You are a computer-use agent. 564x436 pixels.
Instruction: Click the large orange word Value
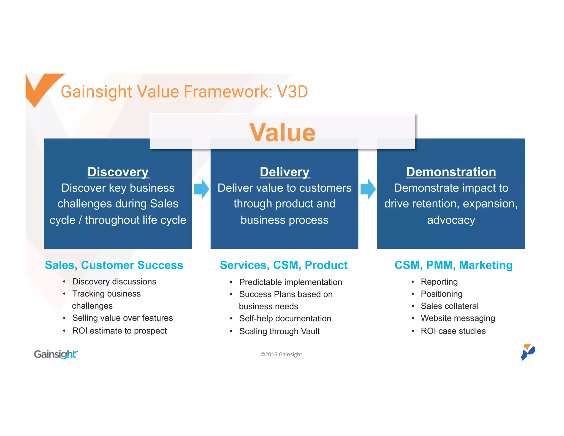point(282,133)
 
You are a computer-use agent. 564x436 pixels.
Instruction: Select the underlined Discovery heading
point(118,172)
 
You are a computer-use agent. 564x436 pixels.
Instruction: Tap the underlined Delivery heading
point(285,172)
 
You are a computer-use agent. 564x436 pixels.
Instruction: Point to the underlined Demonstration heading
point(451,172)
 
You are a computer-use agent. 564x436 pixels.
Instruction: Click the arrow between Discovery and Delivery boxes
point(201,189)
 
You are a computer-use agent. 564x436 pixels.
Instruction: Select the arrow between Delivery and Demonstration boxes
point(368,189)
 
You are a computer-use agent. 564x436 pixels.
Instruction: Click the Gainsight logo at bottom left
point(56,354)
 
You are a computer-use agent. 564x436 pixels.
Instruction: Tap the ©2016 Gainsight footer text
point(282,354)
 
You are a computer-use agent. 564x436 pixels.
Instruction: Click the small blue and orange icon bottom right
point(527,352)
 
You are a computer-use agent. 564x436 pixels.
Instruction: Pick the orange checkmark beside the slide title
point(41,87)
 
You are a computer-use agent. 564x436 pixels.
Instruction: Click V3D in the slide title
point(292,92)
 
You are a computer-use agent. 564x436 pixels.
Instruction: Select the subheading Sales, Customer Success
point(114,265)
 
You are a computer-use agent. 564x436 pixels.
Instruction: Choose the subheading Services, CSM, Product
point(284,265)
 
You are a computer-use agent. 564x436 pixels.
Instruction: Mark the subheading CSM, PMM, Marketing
point(454,265)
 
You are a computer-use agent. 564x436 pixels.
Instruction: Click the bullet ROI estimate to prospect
point(119,331)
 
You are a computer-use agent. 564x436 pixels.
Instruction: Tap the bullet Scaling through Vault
point(279,331)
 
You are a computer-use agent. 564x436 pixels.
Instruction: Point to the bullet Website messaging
point(458,318)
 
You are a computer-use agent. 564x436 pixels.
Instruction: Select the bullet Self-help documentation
point(285,319)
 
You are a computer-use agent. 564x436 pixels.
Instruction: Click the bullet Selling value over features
point(122,318)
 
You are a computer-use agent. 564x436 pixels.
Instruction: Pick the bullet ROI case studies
point(453,331)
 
